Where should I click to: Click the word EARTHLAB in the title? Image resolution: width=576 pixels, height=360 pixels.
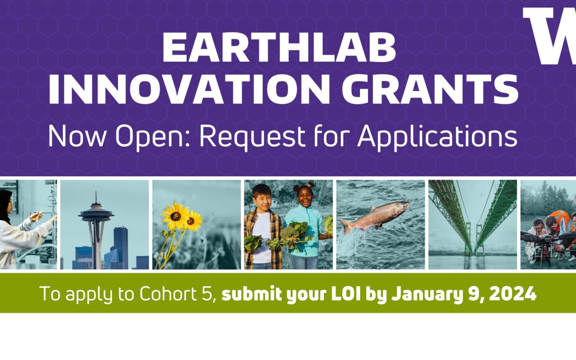(279, 48)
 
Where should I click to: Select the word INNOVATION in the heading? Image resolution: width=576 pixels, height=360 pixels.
(189, 89)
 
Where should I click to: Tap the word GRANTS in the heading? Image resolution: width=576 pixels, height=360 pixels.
(430, 89)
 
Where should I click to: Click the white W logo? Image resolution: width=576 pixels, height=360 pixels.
(550, 36)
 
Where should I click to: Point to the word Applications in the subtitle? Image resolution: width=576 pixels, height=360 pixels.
(437, 137)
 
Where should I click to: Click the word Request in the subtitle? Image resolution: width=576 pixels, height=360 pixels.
(252, 137)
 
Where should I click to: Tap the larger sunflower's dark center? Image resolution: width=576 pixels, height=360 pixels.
(176, 216)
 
